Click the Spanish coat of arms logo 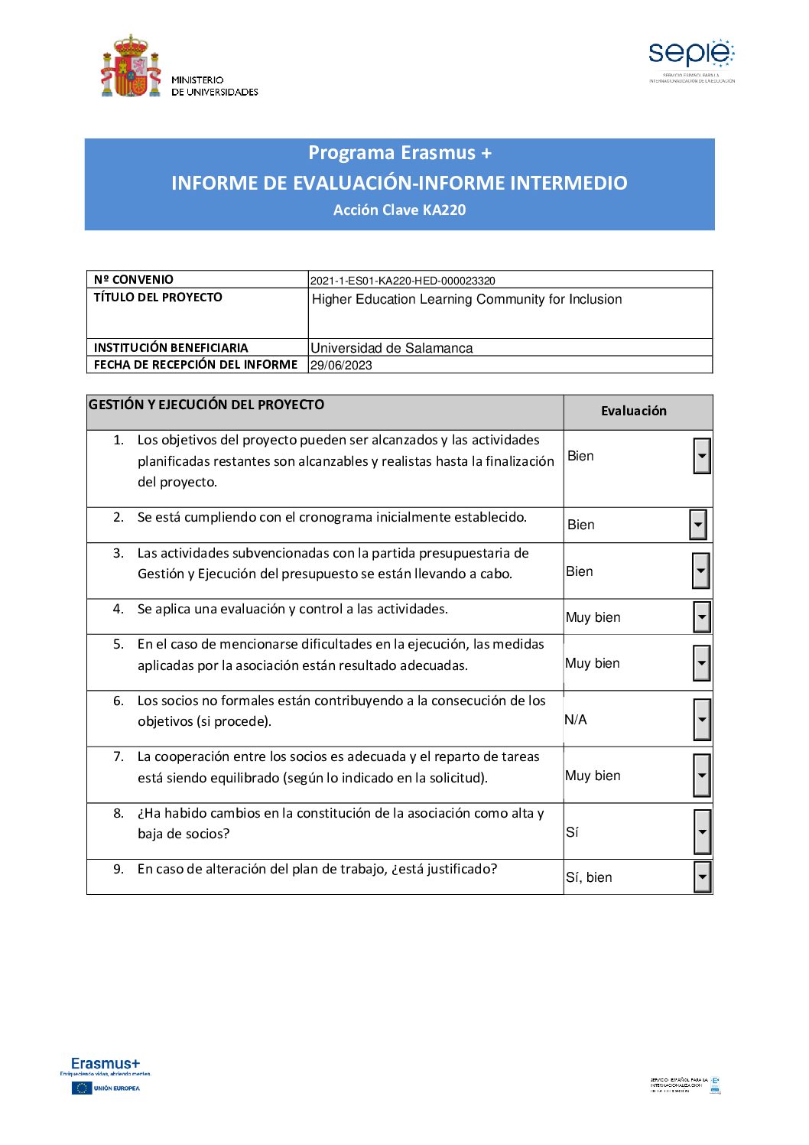[131, 66]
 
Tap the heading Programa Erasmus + [400, 153]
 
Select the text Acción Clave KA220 [399, 210]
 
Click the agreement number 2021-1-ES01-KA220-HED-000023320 [403, 281]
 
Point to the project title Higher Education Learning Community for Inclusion [467, 300]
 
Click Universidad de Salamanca [392, 348]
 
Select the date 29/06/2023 [341, 366]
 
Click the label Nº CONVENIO [134, 280]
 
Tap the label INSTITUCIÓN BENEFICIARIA [171, 348]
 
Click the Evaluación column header [633, 411]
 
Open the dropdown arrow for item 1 [701, 457]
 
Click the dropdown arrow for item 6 [701, 720]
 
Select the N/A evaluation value [576, 720]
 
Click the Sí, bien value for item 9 [589, 878]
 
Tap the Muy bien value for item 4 [593, 618]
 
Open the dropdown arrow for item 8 [702, 832]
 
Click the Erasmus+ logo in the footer [106, 1064]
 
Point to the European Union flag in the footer [81, 1088]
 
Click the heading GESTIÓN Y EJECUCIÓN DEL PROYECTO [206, 405]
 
